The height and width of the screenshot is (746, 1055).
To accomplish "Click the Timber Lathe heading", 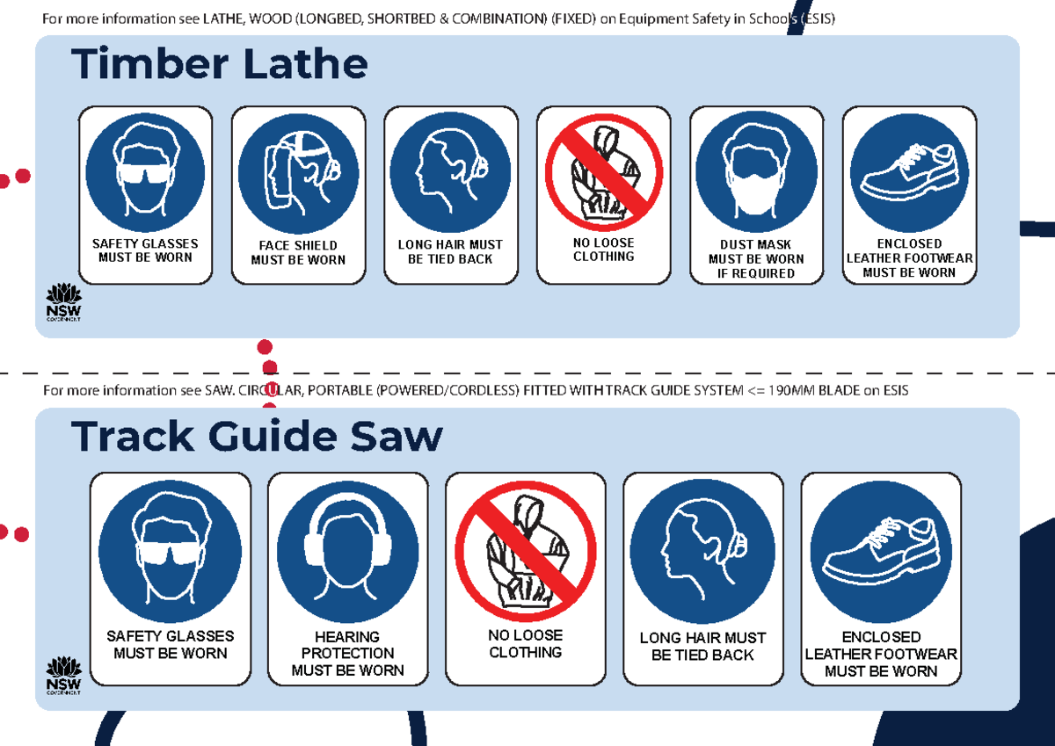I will pos(219,64).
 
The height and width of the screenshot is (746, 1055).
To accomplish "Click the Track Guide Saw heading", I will pos(257,436).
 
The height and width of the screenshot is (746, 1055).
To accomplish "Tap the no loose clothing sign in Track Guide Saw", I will pos(525,551).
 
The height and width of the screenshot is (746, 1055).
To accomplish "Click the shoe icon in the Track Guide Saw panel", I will pos(881,551).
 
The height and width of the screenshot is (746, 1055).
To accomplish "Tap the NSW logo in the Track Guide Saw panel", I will pos(63,675).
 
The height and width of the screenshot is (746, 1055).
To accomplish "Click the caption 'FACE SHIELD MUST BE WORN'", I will pos(298,253).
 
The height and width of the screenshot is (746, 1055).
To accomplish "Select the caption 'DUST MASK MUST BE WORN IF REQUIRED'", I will pos(756,259).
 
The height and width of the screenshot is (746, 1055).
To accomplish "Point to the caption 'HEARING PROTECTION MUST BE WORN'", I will pos(347,654).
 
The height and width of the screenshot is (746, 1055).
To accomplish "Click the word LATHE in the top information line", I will pos(222,19).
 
